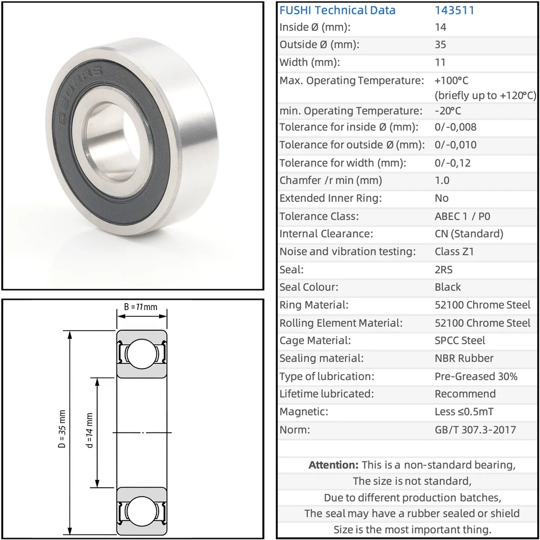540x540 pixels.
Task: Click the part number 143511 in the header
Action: click(454, 10)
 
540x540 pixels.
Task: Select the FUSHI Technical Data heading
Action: click(337, 10)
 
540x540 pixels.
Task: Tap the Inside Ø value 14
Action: click(440, 27)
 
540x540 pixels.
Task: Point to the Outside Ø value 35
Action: click(440, 44)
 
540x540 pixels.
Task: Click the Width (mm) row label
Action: click(310, 62)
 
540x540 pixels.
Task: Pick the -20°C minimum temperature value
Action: click(448, 111)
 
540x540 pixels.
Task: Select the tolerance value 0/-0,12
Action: click(452, 163)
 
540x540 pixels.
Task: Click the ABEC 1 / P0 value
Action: click(462, 216)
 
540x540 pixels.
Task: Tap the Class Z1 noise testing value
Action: click(454, 251)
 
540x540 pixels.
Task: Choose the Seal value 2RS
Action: click(444, 269)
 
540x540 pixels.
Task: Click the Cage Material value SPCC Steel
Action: click(460, 340)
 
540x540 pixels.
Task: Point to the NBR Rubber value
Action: click(464, 358)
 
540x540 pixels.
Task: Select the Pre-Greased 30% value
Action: click(476, 376)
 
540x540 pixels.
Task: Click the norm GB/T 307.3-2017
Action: click(475, 430)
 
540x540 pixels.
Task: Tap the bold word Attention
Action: click(334, 465)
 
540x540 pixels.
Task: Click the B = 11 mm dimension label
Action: click(141, 307)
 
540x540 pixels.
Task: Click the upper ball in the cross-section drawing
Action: click(142, 354)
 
